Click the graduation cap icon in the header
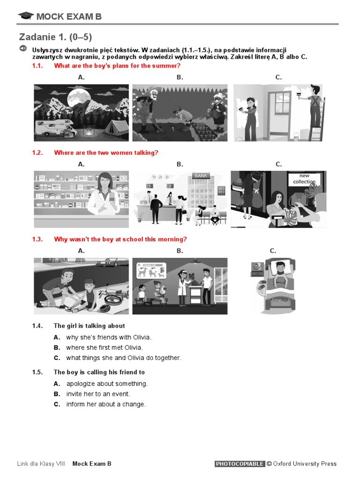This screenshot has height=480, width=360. coord(26,16)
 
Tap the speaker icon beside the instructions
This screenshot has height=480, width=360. coord(23,49)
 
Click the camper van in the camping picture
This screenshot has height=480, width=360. coord(54,127)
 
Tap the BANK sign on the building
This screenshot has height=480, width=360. coord(201,176)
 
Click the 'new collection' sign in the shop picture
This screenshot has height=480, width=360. coord(304,179)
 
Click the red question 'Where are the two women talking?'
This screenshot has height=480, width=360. coord(106,152)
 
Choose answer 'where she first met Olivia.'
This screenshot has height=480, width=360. coord(104,347)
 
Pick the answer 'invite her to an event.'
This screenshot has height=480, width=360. coord(98,394)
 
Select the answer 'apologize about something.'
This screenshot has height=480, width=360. coord(106,383)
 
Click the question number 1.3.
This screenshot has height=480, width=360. coord(37,239)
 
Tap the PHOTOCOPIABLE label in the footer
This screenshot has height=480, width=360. coord(240,464)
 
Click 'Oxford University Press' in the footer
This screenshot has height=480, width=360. coord(305,464)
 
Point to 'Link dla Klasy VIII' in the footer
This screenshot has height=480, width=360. coord(41,464)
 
